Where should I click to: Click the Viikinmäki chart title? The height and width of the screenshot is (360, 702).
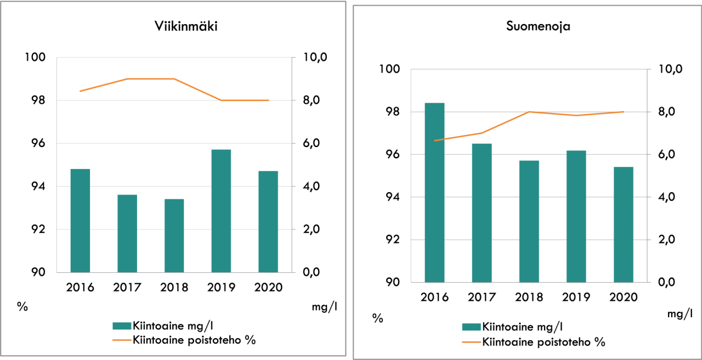(x=186, y=27)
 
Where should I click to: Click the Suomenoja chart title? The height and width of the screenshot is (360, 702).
(x=537, y=26)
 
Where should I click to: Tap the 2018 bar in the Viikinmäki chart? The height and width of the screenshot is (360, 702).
(x=174, y=235)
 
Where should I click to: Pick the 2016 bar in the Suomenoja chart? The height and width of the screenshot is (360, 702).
(x=434, y=193)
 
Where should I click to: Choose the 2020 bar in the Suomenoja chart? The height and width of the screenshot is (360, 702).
(x=623, y=224)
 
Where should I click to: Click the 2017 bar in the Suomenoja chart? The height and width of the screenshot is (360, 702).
(x=482, y=213)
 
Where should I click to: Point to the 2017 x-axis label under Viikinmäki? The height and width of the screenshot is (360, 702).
(x=127, y=288)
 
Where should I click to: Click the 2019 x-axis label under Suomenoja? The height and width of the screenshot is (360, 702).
(x=576, y=297)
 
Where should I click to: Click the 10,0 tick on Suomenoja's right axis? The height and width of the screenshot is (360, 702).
(x=658, y=70)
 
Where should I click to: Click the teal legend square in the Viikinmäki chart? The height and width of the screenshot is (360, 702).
(x=121, y=325)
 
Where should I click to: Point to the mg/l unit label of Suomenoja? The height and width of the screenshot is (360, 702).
(x=680, y=314)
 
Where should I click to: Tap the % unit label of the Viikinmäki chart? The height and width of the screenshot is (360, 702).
(x=22, y=306)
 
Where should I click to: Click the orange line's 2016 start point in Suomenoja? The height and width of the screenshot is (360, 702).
(x=434, y=140)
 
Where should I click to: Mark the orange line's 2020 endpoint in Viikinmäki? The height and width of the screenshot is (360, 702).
(x=269, y=100)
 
